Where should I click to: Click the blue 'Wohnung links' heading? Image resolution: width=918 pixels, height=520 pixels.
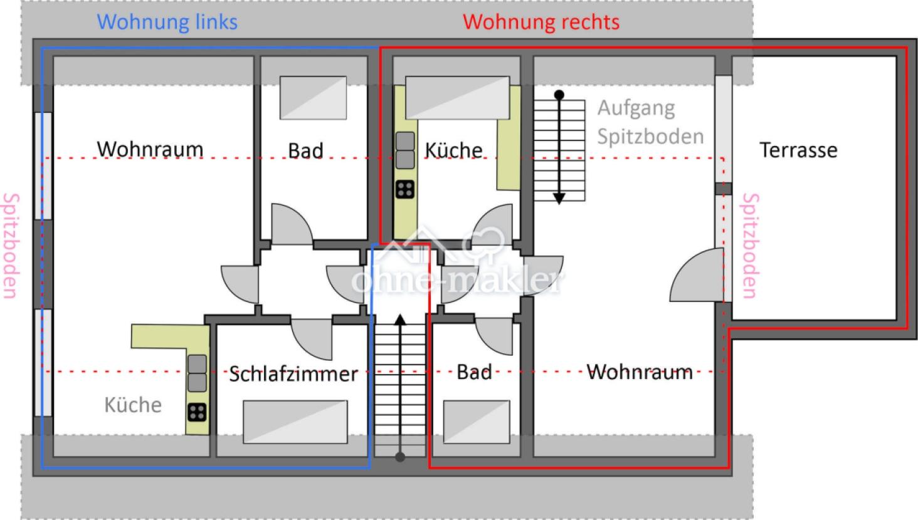[167, 22]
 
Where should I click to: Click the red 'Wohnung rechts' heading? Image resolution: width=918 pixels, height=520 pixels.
[541, 22]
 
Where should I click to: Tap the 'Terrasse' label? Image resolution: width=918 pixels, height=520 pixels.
[798, 150]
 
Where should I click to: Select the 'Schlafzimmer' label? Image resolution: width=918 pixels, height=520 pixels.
[293, 374]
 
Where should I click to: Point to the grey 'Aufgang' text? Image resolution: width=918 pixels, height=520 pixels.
[636, 108]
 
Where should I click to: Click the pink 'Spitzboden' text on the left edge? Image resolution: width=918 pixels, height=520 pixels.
[11, 246]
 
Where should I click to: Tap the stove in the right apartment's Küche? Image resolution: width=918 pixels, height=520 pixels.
[405, 189]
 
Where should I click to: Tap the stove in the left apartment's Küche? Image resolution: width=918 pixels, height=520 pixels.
[197, 412]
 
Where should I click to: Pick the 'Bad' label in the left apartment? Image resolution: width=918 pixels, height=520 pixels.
[305, 151]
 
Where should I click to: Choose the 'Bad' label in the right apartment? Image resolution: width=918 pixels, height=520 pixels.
[474, 372]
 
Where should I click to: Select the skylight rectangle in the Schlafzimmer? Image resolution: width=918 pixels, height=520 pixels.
[295, 422]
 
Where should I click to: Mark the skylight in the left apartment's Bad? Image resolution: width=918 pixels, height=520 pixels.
[313, 98]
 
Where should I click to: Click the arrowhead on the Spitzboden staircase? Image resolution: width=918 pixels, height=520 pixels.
[559, 199]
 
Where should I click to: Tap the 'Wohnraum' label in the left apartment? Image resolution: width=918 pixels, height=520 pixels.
[150, 150]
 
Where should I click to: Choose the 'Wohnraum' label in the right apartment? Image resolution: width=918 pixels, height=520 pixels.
[640, 372]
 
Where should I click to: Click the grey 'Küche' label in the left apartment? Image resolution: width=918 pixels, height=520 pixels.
[133, 405]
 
